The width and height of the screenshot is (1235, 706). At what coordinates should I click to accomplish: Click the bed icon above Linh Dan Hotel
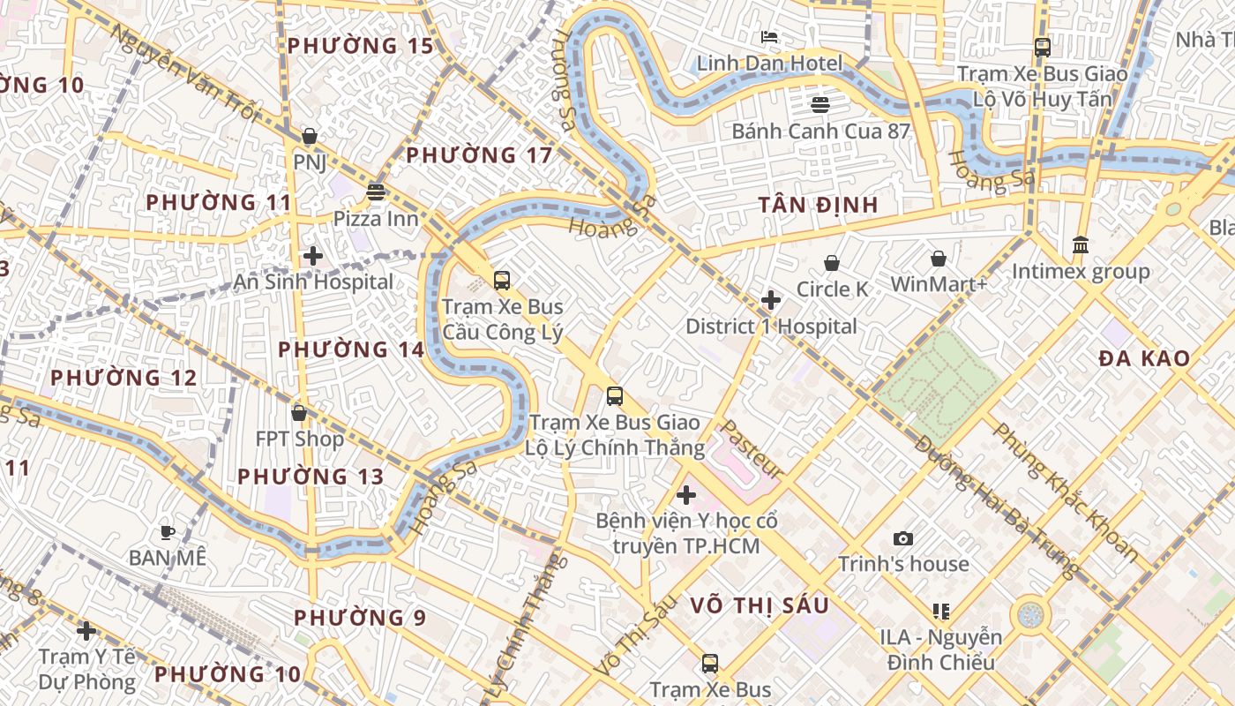pos(769,37)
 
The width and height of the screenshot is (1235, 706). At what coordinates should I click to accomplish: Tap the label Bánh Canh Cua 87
pos(820,131)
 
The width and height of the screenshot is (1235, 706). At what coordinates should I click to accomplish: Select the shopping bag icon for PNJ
pos(310,136)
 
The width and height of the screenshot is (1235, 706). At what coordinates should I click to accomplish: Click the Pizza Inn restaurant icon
pos(377,192)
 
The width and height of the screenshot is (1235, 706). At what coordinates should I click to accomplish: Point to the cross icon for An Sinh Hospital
pos(313,256)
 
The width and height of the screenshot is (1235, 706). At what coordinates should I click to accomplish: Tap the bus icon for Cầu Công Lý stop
pos(502,281)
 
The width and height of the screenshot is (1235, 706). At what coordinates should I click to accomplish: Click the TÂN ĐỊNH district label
pos(818,205)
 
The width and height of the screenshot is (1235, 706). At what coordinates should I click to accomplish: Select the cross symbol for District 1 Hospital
pos(771,300)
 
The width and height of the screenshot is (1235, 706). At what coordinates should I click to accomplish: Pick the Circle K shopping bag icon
pos(831,263)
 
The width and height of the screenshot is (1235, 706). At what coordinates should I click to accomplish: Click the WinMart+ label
pos(939,284)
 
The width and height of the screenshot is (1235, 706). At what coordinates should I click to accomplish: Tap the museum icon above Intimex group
pos(1081,244)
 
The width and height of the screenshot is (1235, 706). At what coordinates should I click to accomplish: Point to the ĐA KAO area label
pos(1144,358)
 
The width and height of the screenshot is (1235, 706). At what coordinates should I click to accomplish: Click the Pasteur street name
pos(752,449)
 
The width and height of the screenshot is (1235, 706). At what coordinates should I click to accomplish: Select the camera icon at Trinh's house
pos(903,538)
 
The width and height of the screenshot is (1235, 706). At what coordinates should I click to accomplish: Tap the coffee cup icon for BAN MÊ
pos(168,532)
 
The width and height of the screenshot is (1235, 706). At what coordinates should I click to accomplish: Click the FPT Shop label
pos(299,439)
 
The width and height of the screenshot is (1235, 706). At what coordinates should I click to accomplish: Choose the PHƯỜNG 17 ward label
pos(479,155)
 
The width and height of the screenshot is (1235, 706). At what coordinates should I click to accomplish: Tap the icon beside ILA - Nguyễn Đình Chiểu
pos(941,611)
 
